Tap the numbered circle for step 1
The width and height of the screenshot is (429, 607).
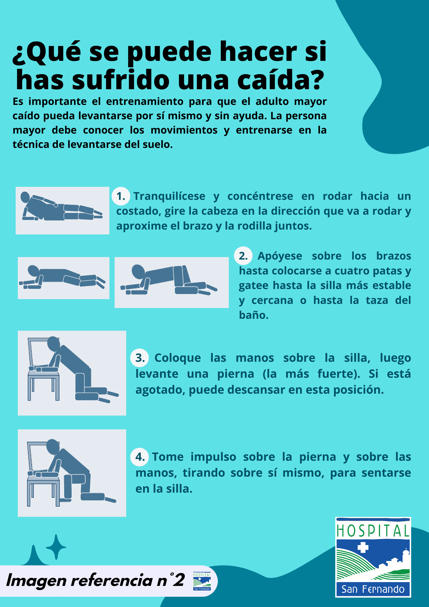(x=121, y=196)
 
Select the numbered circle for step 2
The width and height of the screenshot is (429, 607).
(x=243, y=256)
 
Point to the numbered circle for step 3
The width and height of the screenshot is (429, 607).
(x=140, y=358)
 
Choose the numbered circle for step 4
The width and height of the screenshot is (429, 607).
(x=140, y=457)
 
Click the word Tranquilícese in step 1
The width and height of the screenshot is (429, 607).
(x=169, y=196)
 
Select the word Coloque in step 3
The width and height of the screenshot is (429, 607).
(x=178, y=358)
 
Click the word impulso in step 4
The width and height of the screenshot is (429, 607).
(x=213, y=457)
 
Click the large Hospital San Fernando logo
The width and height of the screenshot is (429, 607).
(x=373, y=557)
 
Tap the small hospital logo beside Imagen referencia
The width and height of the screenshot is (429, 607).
(x=202, y=581)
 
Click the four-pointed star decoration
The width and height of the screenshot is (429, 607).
(x=56, y=547)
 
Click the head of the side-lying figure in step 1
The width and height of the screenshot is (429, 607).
(x=25, y=197)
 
